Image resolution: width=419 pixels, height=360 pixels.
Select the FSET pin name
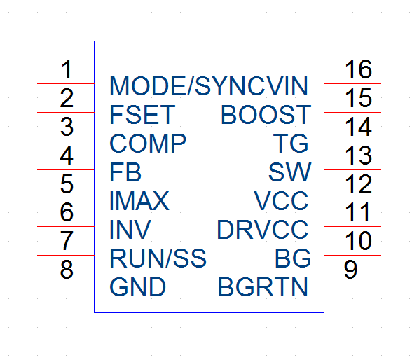click(x=142, y=115)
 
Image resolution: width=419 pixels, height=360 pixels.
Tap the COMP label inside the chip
click(x=148, y=144)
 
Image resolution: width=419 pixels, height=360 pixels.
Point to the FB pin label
click(x=125, y=172)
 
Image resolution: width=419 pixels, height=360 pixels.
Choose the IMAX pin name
click(x=139, y=200)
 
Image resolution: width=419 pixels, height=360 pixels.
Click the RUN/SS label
click(x=158, y=258)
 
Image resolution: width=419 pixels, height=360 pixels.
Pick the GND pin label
click(x=137, y=286)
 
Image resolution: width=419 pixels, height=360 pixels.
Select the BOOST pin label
click(x=266, y=115)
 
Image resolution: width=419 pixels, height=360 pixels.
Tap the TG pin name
click(x=291, y=144)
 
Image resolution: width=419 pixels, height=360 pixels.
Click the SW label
click(x=289, y=172)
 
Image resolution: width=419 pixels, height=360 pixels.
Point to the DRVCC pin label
click(x=263, y=230)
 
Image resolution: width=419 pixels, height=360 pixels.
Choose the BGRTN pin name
click(x=263, y=286)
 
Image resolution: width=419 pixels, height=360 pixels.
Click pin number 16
click(x=358, y=69)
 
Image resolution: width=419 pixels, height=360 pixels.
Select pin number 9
click(x=350, y=270)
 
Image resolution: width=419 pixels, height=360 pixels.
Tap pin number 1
click(x=67, y=69)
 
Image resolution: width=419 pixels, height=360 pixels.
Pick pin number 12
click(x=358, y=184)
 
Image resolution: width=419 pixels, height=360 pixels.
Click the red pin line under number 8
click(x=65, y=284)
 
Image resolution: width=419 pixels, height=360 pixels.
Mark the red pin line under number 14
click(x=352, y=141)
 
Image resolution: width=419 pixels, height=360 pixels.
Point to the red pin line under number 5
click(x=65, y=198)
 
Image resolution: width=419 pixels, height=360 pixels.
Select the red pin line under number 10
click(x=352, y=256)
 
